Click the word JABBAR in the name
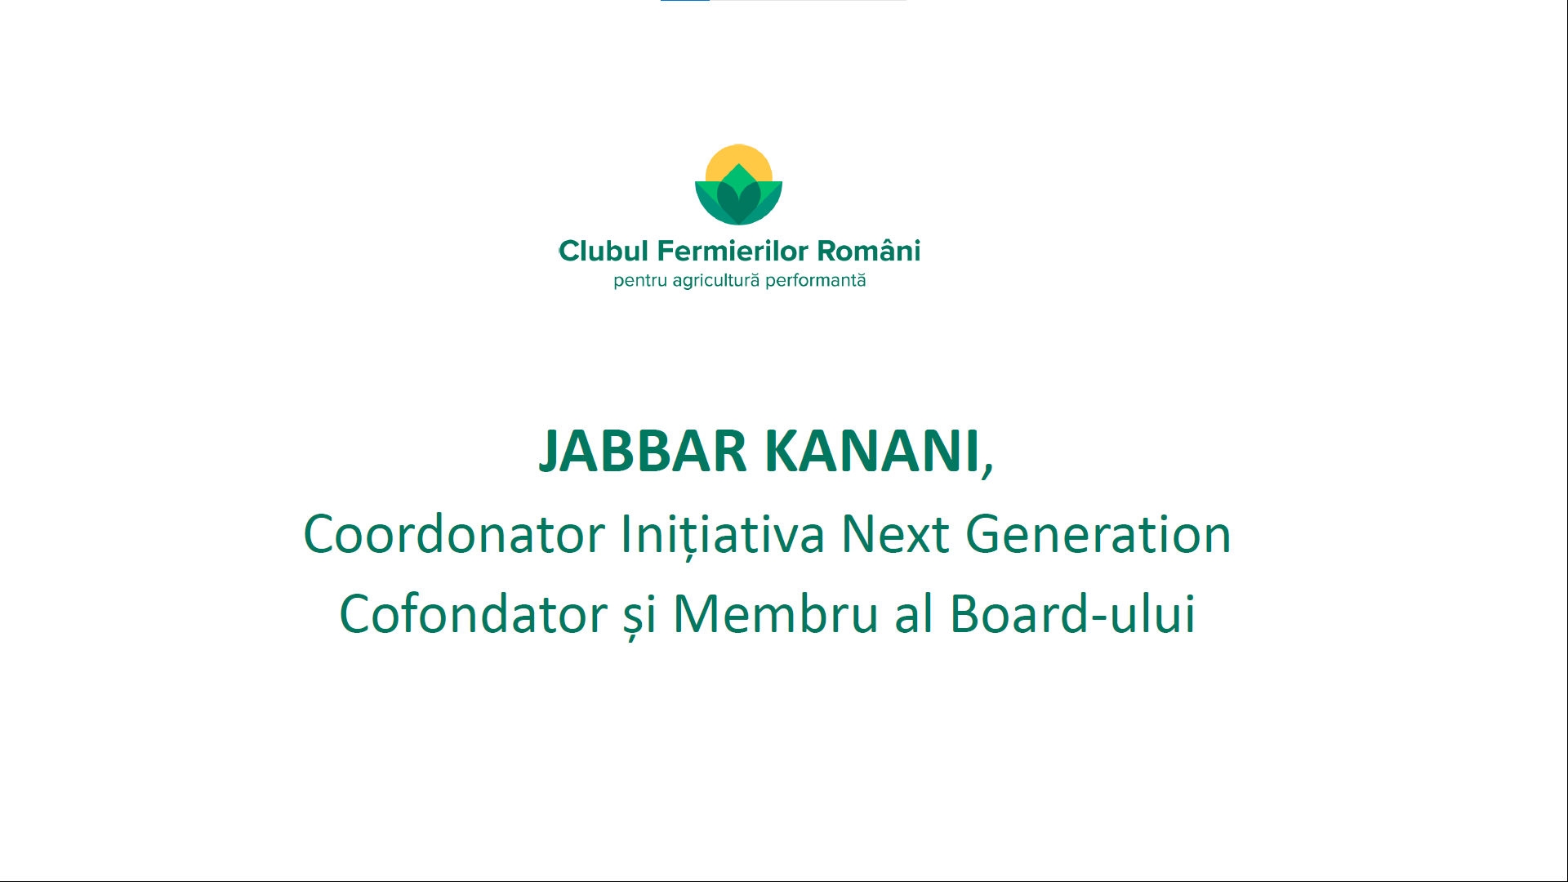pos(643,451)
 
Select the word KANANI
pos(872,451)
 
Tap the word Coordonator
pos(454,535)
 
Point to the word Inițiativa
pos(723,536)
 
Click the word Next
pos(895,535)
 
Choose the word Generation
pos(1098,535)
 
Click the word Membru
pos(775,614)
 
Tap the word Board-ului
pos(1073,614)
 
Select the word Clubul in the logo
pos(604,251)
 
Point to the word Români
pos(869,250)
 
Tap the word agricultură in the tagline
pos(716,281)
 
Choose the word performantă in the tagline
pos(815,281)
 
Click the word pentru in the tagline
pos(640,282)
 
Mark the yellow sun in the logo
pos(739,159)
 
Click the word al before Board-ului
pos(914,614)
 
